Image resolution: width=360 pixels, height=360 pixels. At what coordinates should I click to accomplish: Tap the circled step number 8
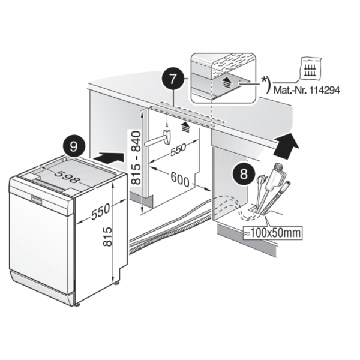(x=241, y=175)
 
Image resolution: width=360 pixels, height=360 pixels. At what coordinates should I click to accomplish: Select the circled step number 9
(x=73, y=146)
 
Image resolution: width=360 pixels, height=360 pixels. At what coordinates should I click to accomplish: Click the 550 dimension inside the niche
(x=177, y=150)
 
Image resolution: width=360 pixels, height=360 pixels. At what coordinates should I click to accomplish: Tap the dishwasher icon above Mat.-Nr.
(x=310, y=70)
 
